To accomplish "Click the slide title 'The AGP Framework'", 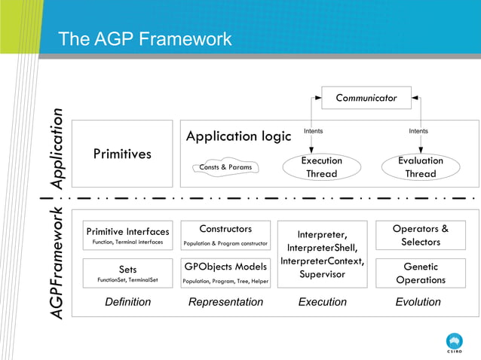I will (x=145, y=39).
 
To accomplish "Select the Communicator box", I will (x=366, y=98).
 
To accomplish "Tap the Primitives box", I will (x=122, y=154).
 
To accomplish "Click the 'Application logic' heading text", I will (x=238, y=136).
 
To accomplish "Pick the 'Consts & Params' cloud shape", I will (x=225, y=167).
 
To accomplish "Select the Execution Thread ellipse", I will (x=322, y=167).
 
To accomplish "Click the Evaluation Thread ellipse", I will (x=420, y=167).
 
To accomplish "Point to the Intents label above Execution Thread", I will (x=313, y=132).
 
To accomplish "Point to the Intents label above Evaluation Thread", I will (x=418, y=132).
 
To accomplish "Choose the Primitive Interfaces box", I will (x=127, y=235).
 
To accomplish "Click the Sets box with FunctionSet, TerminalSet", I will (x=127, y=273).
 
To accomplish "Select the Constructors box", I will (x=225, y=235).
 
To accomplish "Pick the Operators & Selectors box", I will (x=420, y=235).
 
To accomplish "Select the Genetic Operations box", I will (x=420, y=273).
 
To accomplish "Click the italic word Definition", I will (x=127, y=302).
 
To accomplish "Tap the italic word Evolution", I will (x=418, y=302).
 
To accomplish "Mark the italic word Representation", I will (x=225, y=302).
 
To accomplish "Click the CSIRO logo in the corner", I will (x=455, y=343).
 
